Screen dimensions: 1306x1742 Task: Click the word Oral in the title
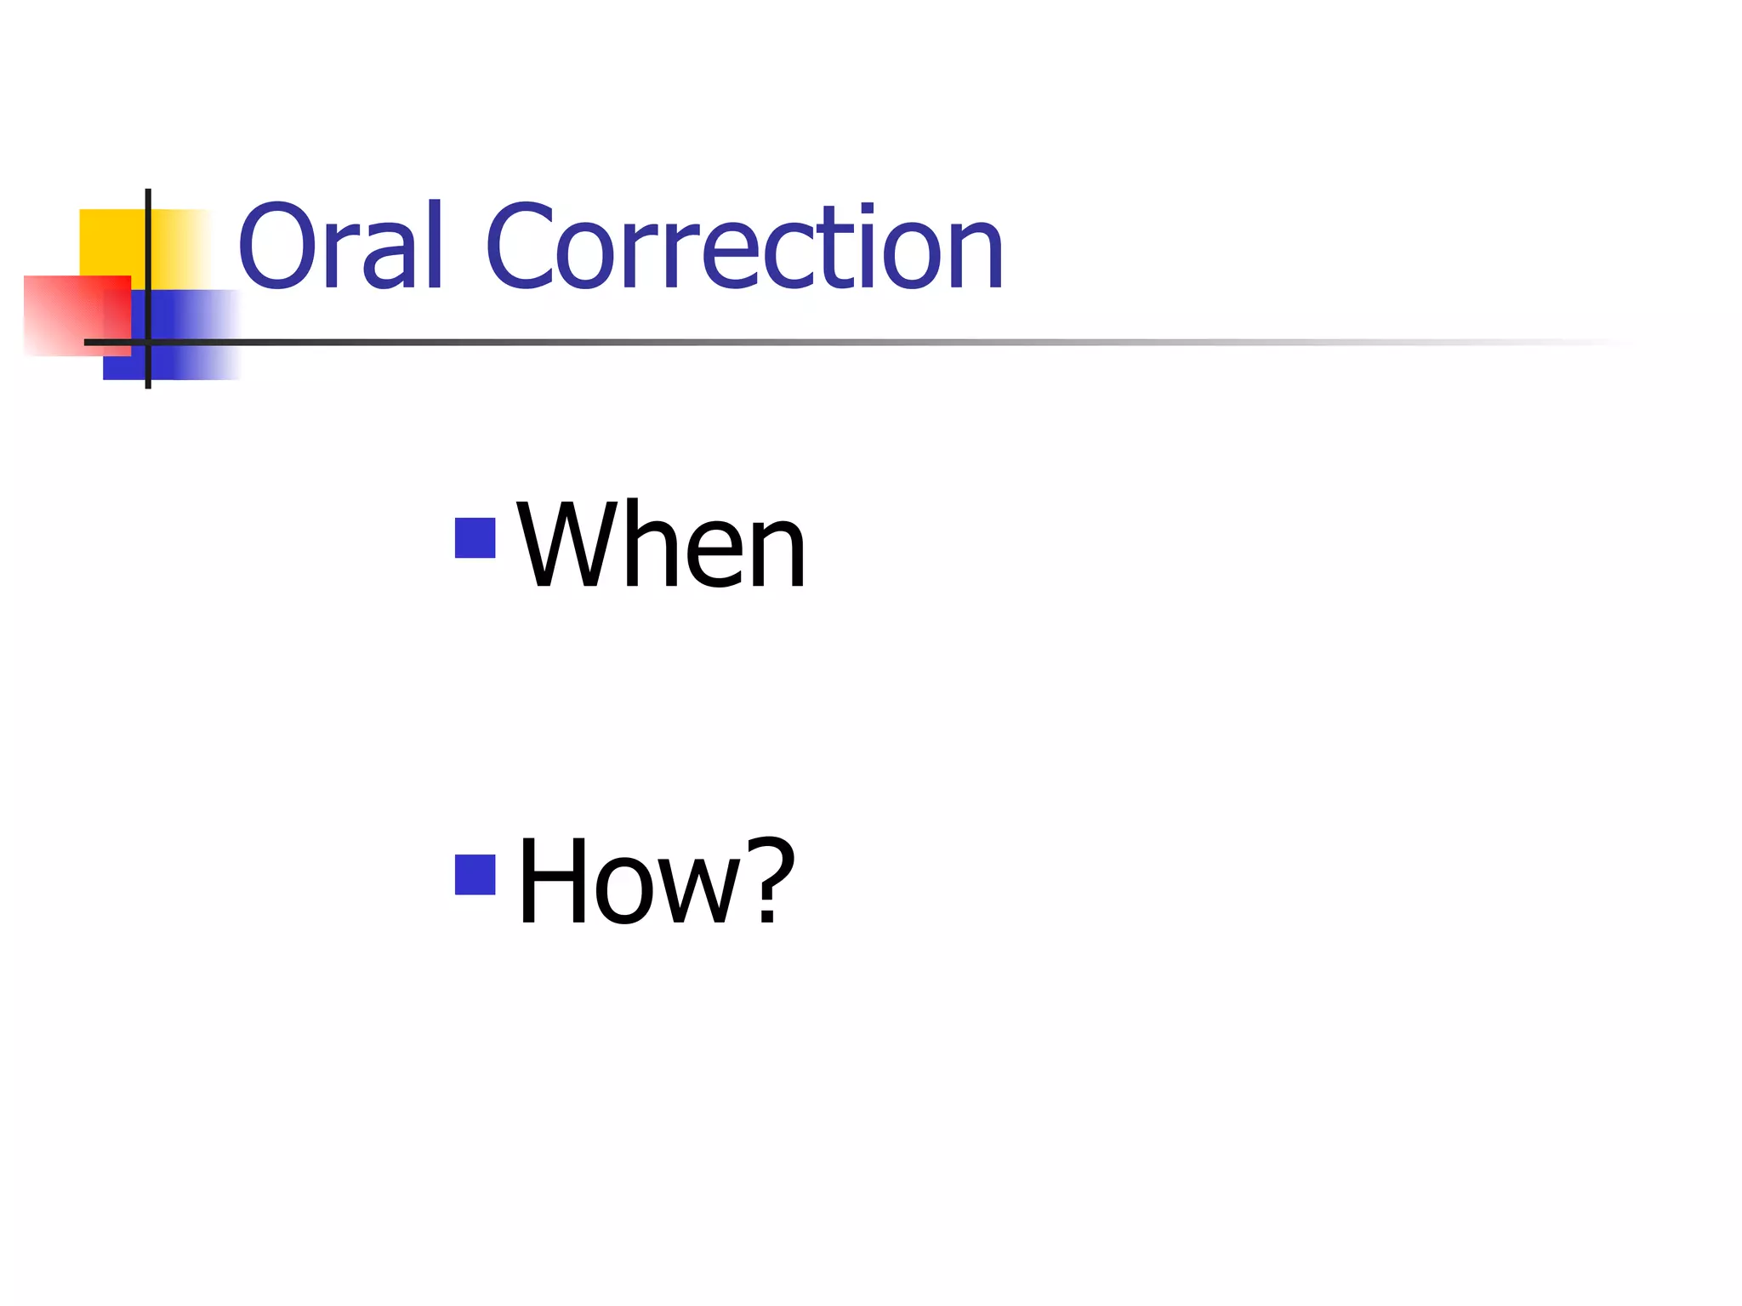click(340, 247)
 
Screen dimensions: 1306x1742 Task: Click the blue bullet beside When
click(475, 538)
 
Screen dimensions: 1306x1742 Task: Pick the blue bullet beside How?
click(475, 875)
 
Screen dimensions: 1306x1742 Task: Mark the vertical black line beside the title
click(148, 255)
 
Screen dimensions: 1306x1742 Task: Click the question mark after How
click(770, 880)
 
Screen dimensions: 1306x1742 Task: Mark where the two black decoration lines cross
click(148, 342)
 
